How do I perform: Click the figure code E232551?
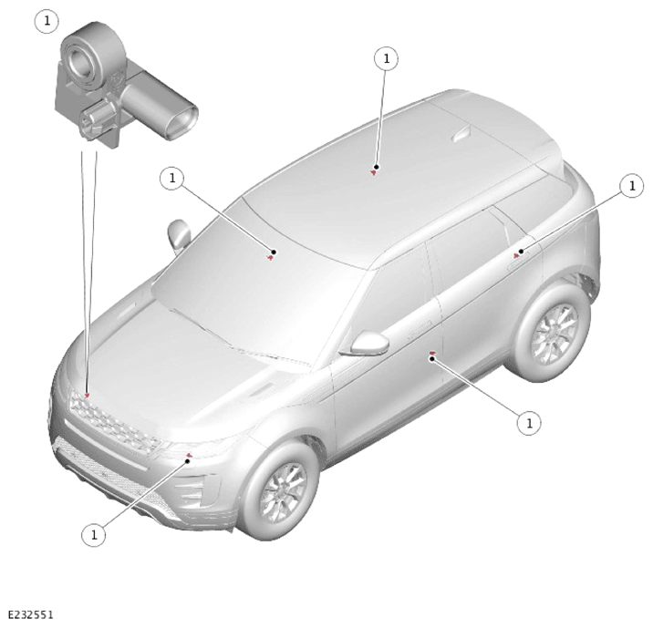[31, 614]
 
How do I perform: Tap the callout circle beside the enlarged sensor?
[47, 21]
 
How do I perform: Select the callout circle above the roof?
[387, 58]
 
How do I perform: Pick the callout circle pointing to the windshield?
[172, 179]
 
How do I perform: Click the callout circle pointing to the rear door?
[632, 186]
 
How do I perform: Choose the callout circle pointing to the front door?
[529, 423]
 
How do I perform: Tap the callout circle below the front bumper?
[94, 534]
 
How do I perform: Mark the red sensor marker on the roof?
[374, 172]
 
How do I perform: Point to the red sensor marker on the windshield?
[271, 258]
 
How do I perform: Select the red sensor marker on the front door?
[432, 354]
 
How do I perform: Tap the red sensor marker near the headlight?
[189, 456]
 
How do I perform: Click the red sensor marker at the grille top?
[87, 395]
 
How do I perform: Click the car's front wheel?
[279, 491]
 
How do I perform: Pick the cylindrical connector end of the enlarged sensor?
[182, 121]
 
